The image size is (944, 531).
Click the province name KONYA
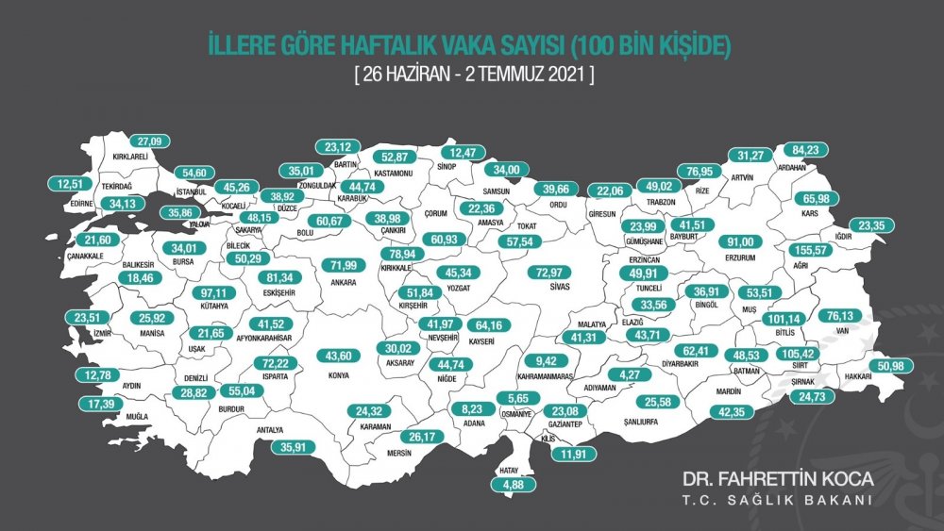[337, 374]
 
